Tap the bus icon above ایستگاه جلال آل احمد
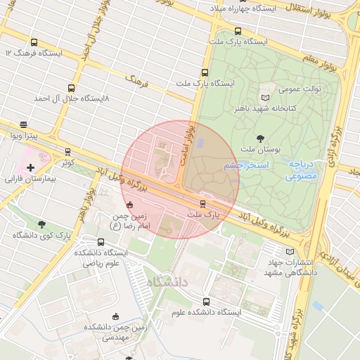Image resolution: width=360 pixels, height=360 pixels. (x=71, y=88)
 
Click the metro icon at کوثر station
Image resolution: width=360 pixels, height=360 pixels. (x=67, y=152)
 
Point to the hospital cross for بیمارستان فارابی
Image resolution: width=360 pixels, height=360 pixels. (x=30, y=168)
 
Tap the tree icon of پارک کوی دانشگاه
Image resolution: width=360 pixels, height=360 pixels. (x=42, y=224)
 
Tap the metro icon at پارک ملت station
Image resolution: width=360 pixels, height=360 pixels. (x=202, y=204)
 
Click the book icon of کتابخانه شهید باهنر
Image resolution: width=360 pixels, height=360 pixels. (x=265, y=98)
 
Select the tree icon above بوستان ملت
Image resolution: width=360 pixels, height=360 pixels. (x=261, y=139)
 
